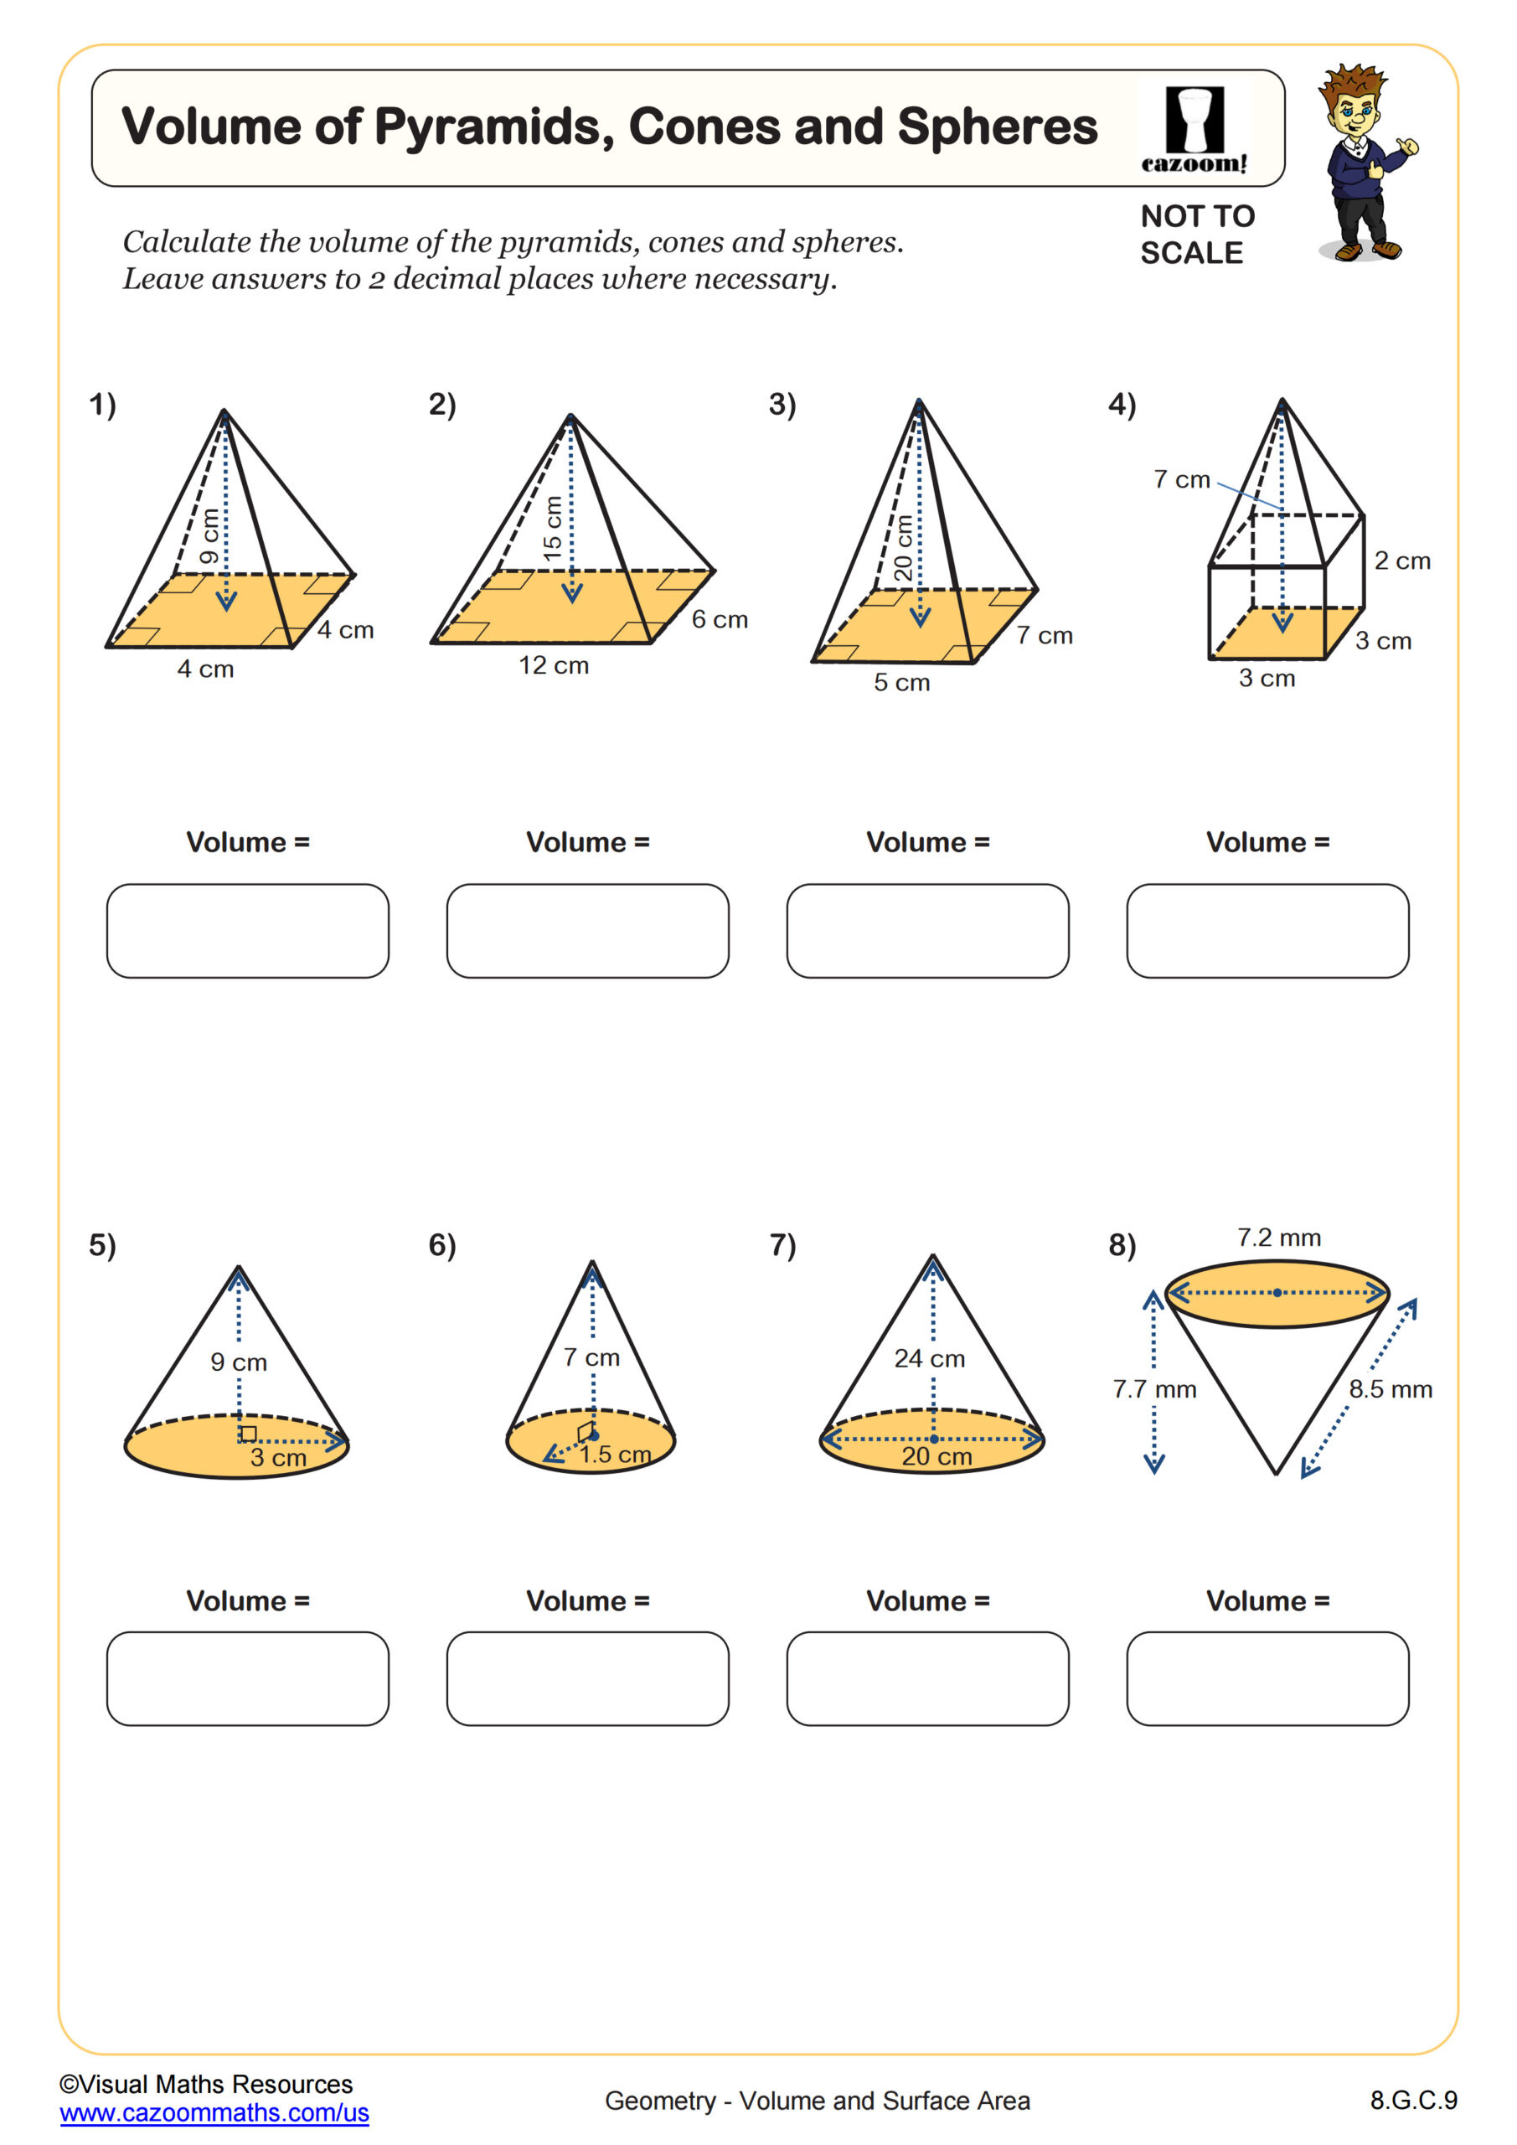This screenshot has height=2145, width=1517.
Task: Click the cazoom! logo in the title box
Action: pyautogui.click(x=1194, y=130)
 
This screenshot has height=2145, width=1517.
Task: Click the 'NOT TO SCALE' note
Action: pyautogui.click(x=1197, y=235)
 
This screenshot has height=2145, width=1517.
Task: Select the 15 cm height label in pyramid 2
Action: pyautogui.click(x=553, y=529)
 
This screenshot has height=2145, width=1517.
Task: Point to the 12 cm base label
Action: pyautogui.click(x=554, y=665)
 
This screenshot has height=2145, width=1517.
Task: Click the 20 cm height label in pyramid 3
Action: pyautogui.click(x=902, y=548)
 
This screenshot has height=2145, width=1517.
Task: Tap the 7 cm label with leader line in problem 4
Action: pyautogui.click(x=1182, y=479)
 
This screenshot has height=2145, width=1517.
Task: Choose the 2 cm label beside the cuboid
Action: pyautogui.click(x=1401, y=561)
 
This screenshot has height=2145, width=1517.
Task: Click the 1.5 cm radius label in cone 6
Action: pyautogui.click(x=615, y=1455)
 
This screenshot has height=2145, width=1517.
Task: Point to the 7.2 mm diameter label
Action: pyautogui.click(x=1279, y=1238)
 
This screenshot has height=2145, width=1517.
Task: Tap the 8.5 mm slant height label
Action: pyautogui.click(x=1390, y=1389)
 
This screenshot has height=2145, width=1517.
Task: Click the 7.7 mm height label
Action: pyautogui.click(x=1153, y=1389)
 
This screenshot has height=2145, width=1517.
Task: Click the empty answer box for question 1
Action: pyautogui.click(x=248, y=931)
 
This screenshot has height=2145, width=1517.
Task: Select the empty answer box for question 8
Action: pyautogui.click(x=1267, y=1678)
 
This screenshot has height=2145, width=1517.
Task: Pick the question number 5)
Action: pyautogui.click(x=103, y=1245)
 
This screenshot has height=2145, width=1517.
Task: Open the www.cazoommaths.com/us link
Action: pyautogui.click(x=214, y=2112)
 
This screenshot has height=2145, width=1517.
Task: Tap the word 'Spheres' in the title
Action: pyautogui.click(x=997, y=127)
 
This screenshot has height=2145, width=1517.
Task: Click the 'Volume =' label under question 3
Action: pyautogui.click(x=927, y=842)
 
